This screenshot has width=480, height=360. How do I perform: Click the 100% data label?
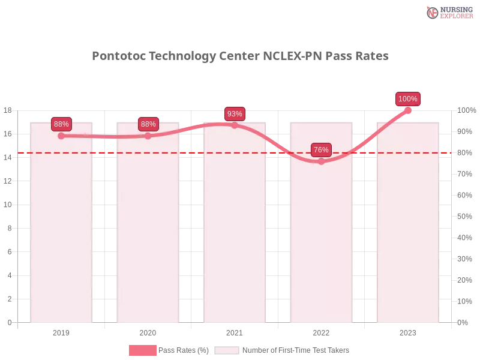pos(408,99)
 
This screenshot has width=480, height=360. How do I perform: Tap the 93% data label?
pos(235,114)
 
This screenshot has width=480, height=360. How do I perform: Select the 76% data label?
pos(321,150)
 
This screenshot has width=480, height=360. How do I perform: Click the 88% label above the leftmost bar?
pos(61,124)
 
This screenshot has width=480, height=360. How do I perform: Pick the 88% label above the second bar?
pos(148,124)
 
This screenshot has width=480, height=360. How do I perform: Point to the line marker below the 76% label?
pos(321,161)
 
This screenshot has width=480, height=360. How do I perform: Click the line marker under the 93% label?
pos(235,125)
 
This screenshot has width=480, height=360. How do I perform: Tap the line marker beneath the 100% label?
pos(408,109)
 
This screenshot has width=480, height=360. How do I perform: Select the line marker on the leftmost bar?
pos(61,136)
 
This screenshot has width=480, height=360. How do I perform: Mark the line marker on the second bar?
pos(148,136)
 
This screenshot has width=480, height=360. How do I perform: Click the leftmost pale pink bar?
pos(62,240)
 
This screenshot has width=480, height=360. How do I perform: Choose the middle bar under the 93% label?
pos(235,240)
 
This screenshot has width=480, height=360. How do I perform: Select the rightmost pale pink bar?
pos(408,240)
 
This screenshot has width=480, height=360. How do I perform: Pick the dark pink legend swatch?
pos(143,350)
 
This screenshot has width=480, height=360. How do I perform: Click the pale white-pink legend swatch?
pos(227,350)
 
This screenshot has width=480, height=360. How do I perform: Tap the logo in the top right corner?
pos(448,12)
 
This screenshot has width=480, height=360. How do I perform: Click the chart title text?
pos(240,56)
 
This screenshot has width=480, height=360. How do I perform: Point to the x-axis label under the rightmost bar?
pos(408,331)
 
